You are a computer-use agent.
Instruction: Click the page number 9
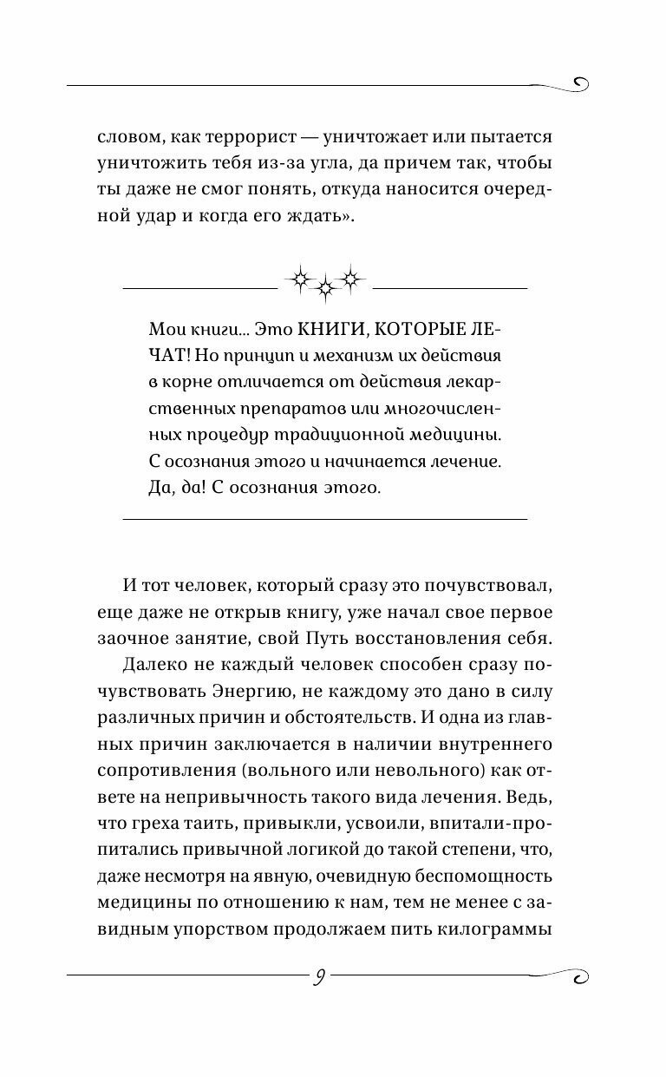[320, 977]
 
